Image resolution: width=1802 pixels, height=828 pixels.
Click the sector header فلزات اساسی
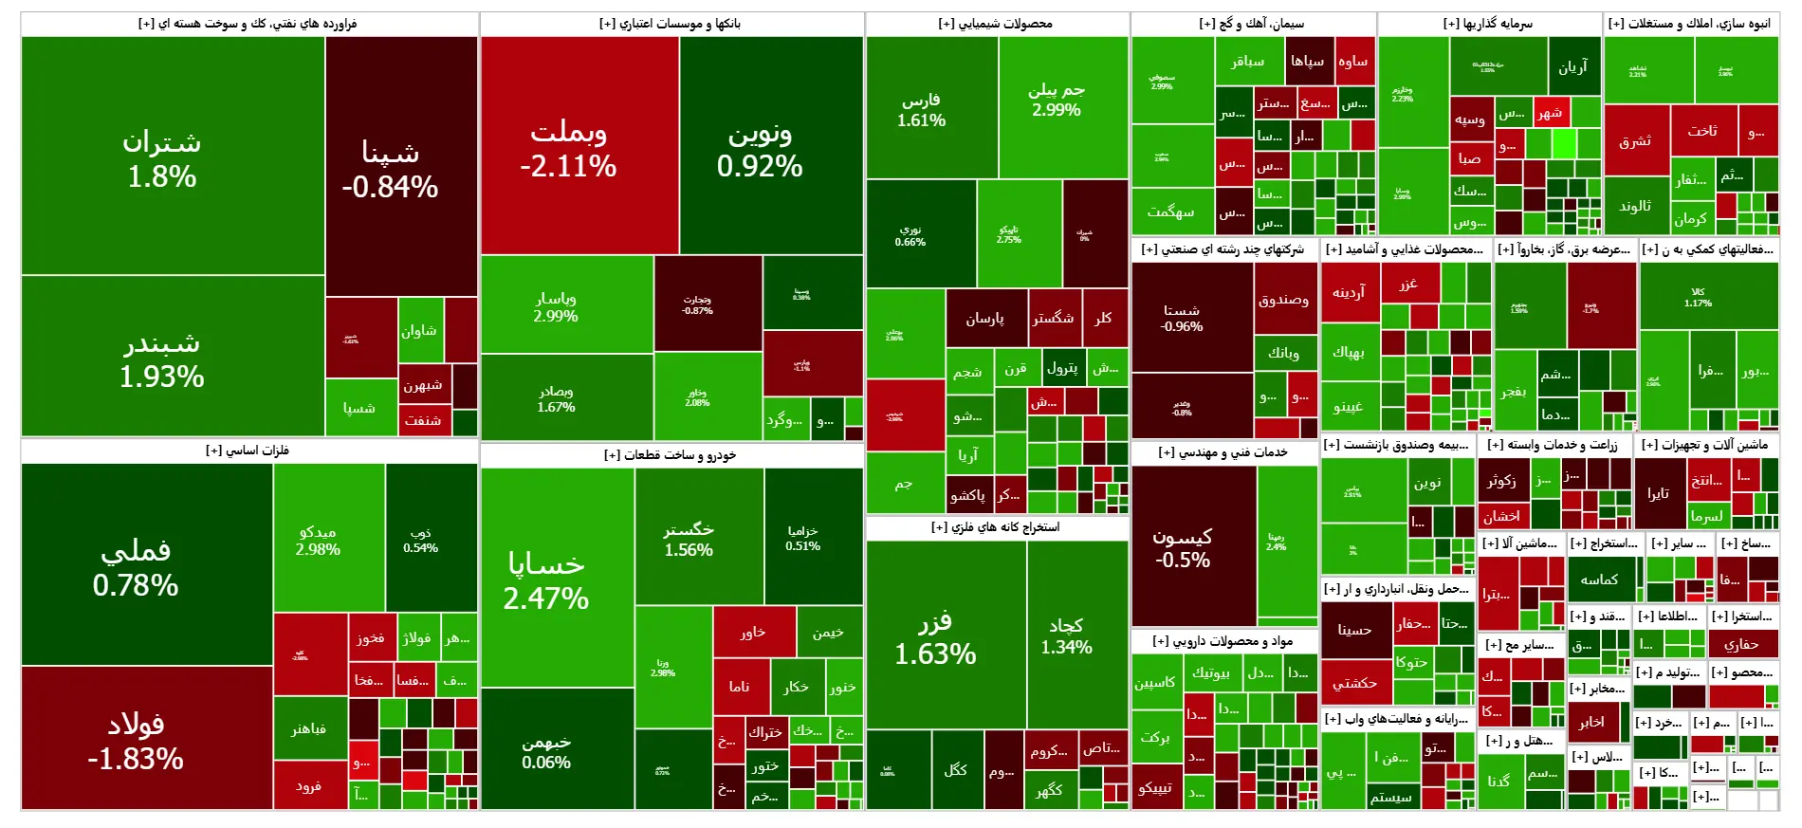[x=248, y=451]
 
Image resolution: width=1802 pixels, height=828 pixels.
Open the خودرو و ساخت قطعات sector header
[x=671, y=455]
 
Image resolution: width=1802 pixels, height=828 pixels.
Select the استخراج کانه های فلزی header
[x=996, y=527]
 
